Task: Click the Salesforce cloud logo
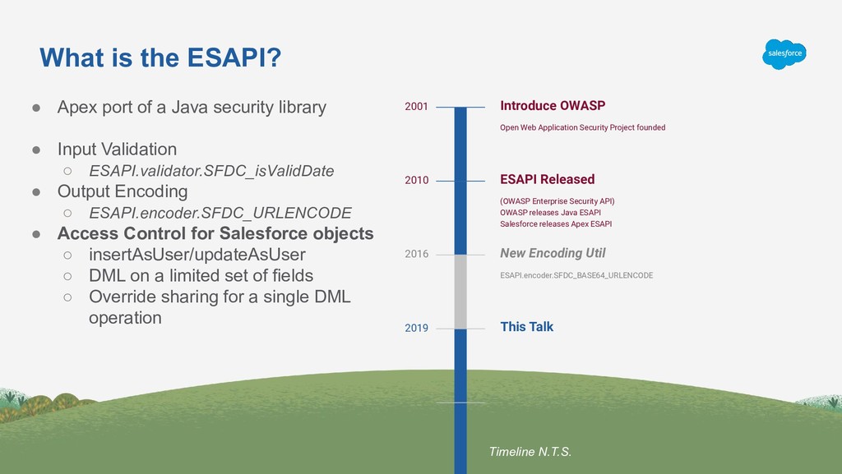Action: [784, 54]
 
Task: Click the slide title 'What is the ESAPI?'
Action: [160, 58]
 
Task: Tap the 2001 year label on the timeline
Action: [416, 107]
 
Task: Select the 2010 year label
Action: [416, 181]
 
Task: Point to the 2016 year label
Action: [416, 255]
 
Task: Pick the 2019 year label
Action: [416, 329]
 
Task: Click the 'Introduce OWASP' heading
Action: [553, 106]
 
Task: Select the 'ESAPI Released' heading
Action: [547, 180]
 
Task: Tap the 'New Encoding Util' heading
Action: [553, 254]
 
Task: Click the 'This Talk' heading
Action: [526, 327]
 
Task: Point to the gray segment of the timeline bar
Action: [460, 292]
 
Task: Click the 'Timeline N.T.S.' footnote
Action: [530, 452]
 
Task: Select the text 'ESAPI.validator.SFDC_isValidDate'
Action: [211, 171]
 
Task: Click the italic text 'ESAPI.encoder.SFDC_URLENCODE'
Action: [220, 213]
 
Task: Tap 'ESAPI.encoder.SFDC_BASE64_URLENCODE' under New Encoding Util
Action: [576, 276]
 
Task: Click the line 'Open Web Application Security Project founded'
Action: [582, 128]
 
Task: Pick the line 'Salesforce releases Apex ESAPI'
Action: [556, 224]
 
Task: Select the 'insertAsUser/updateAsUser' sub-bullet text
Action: [197, 254]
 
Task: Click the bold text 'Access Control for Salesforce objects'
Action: [215, 233]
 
